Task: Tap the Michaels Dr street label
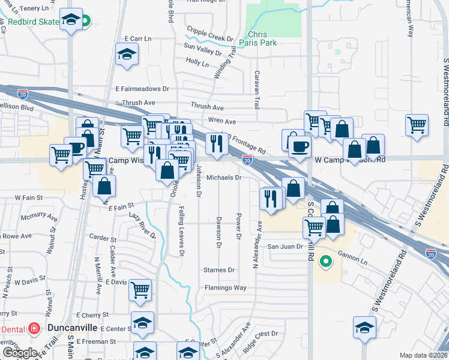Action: coord(224,178)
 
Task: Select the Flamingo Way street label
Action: coord(225,287)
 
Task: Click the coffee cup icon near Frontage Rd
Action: coord(300,146)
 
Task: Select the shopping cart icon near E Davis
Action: coord(140,290)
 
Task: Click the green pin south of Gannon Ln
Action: coord(326,261)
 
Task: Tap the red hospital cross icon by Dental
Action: coord(35,329)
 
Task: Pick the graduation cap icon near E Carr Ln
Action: coord(127,55)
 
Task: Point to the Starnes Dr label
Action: coord(219,270)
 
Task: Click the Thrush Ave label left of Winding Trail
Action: coord(139,103)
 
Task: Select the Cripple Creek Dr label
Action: coord(210,34)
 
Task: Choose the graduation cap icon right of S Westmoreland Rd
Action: coord(364,328)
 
